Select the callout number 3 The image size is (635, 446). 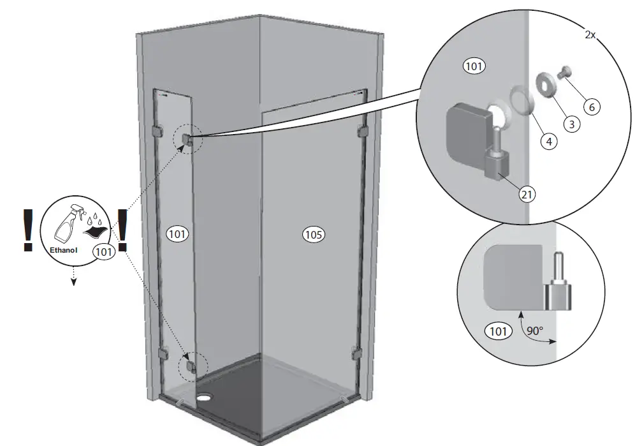click(x=571, y=124)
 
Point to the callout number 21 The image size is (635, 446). click(x=527, y=195)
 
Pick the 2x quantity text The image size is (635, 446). click(x=590, y=35)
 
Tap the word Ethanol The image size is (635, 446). click(x=64, y=251)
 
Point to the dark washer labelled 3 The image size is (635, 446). click(x=546, y=83)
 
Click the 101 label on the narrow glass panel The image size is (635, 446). click(x=178, y=234)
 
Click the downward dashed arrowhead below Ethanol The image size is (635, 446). click(x=74, y=281)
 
